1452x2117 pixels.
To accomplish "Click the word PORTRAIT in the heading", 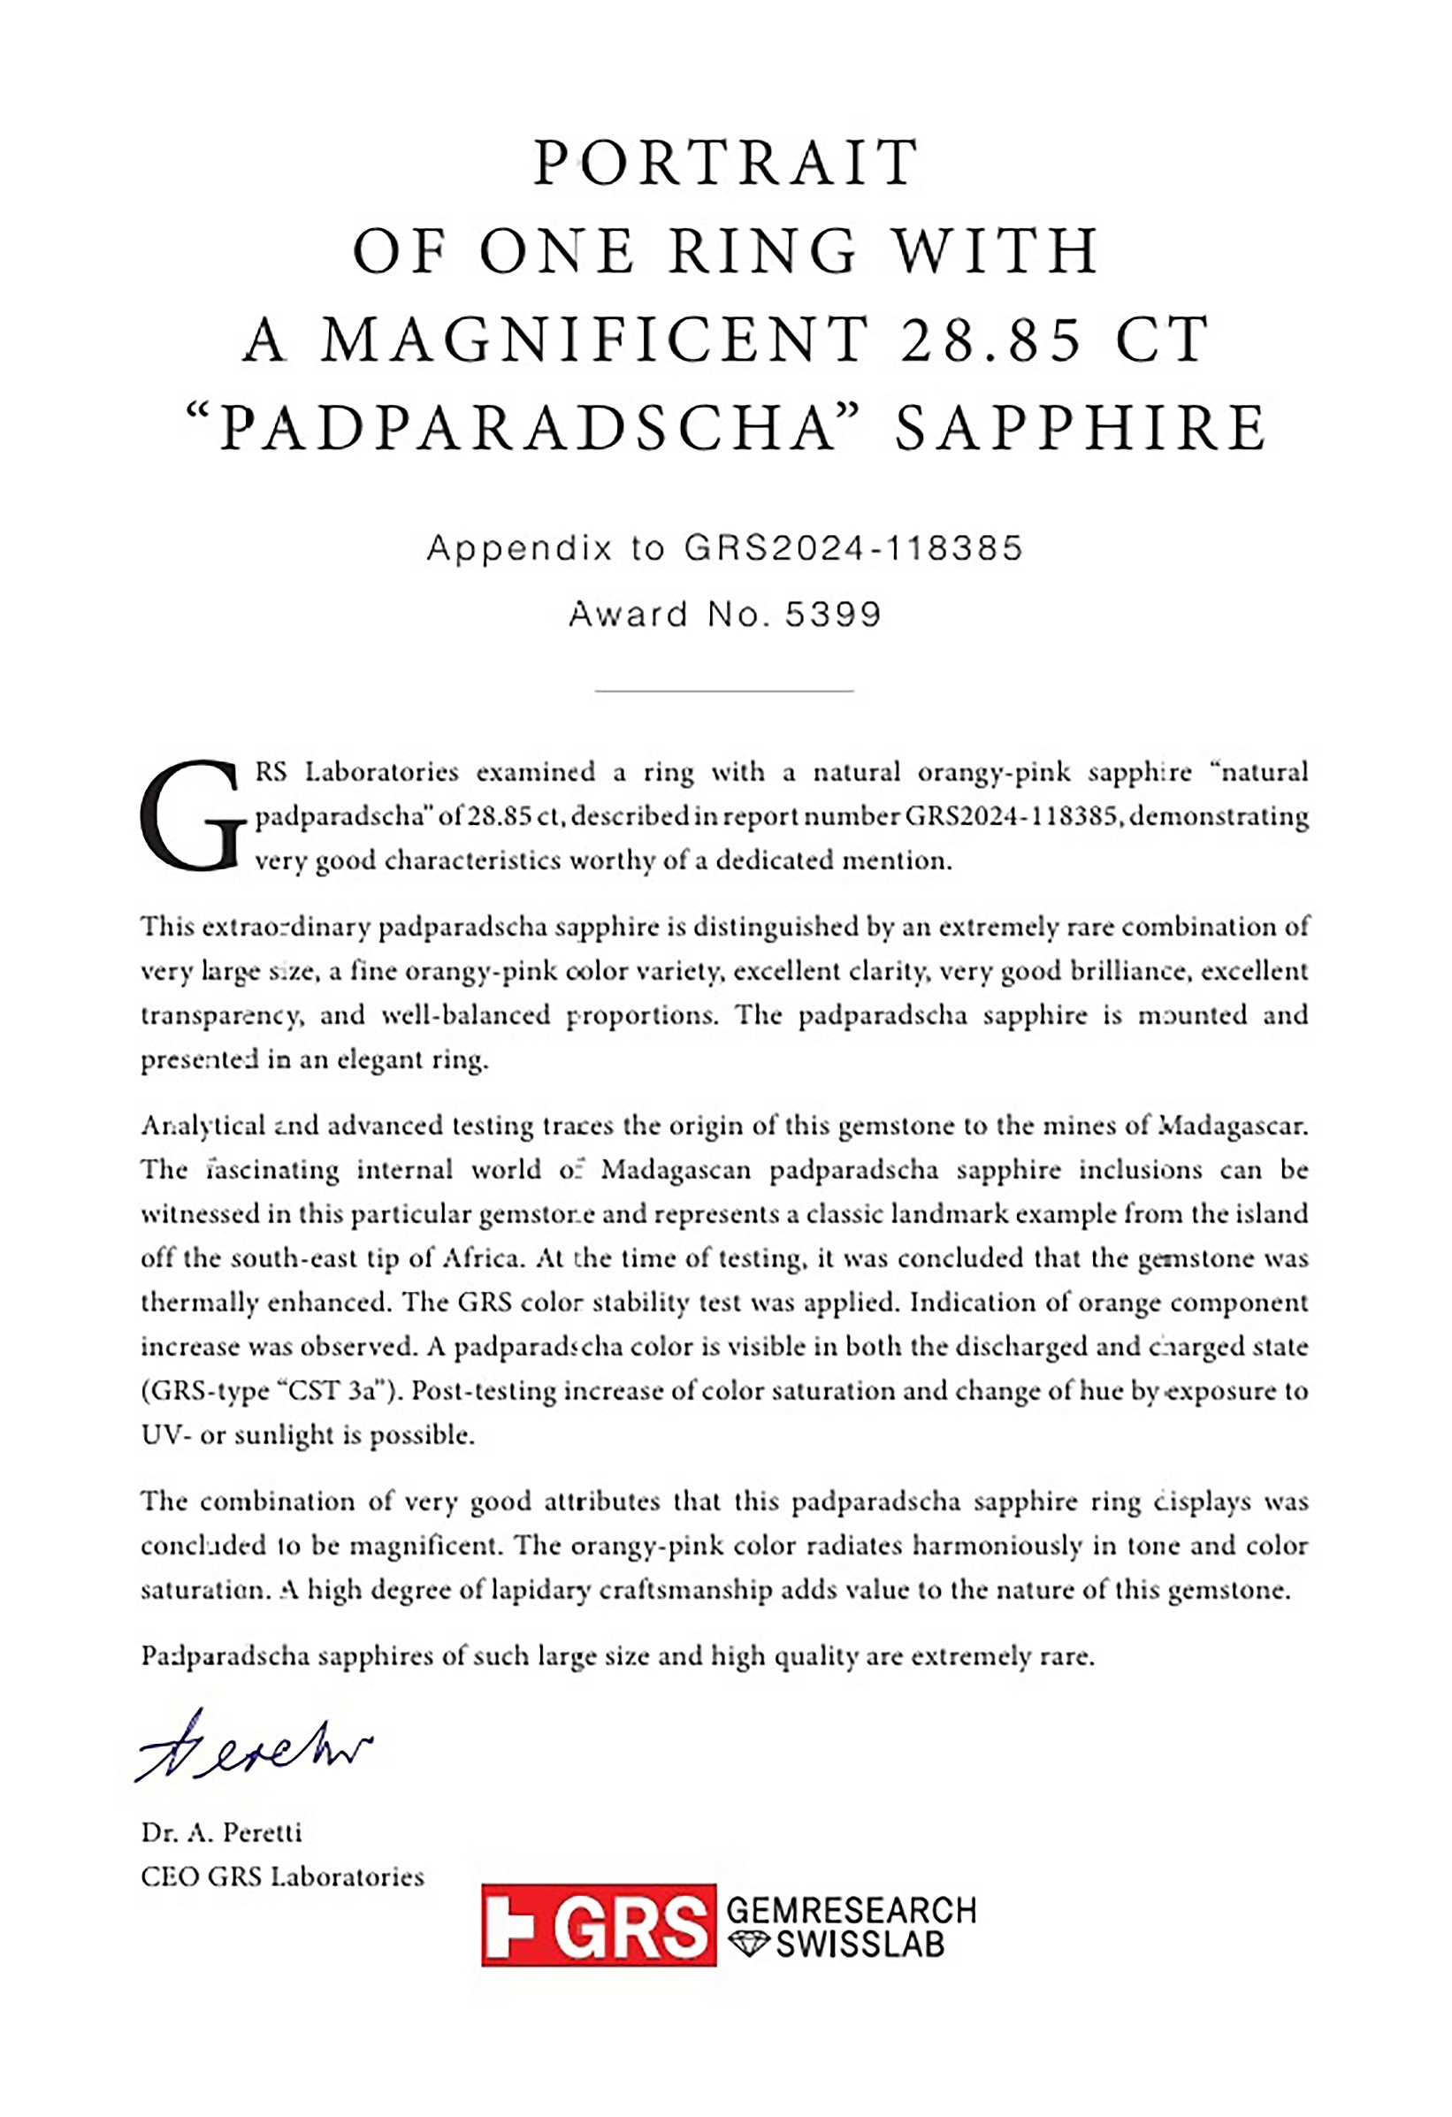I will pyautogui.click(x=725, y=163).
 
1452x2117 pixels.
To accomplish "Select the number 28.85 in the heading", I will pyautogui.click(x=990, y=339).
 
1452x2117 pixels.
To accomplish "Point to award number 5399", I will pyautogui.click(x=834, y=614).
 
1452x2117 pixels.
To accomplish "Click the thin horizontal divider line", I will pyautogui.click(x=724, y=691).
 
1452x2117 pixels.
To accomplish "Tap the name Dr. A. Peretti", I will pyautogui.click(x=221, y=1832).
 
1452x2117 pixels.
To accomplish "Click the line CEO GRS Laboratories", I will pyautogui.click(x=282, y=1876).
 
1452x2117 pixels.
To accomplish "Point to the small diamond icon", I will pyautogui.click(x=747, y=1945).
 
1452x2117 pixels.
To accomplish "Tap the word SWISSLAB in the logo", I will pyautogui.click(x=860, y=1945).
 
